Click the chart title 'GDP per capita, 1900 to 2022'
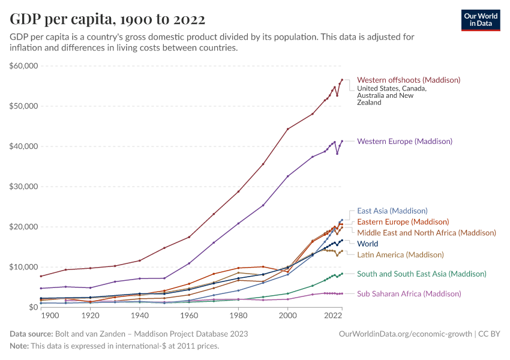click(107, 19)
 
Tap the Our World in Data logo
click(481, 19)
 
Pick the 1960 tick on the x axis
click(189, 315)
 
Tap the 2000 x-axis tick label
click(287, 315)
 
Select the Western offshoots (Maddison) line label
click(409, 80)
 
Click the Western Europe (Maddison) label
click(404, 142)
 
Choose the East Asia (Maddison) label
click(392, 211)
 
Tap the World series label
click(367, 244)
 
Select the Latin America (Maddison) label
click(400, 254)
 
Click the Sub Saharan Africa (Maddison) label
click(409, 293)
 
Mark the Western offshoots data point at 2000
click(287, 129)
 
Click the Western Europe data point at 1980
click(238, 223)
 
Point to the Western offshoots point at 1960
click(189, 237)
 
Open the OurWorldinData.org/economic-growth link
click(406, 334)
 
